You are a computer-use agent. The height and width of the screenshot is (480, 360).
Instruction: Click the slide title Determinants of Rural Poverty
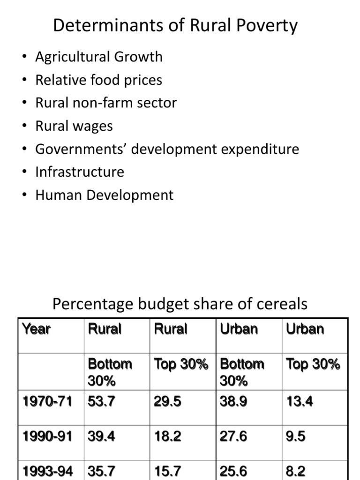click(175, 25)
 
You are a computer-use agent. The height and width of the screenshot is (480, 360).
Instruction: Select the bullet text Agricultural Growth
click(99, 57)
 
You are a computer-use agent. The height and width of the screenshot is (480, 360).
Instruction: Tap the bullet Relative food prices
click(98, 80)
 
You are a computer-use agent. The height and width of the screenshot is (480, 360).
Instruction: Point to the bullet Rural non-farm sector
click(106, 103)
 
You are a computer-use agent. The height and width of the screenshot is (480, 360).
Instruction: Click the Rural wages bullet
click(74, 126)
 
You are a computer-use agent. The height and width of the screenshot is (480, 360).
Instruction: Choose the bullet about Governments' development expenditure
click(167, 149)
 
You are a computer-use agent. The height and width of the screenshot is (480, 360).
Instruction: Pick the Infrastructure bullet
click(80, 172)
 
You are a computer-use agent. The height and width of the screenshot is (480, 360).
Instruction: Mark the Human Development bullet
click(104, 195)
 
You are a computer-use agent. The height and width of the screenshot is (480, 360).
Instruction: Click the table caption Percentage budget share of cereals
click(180, 304)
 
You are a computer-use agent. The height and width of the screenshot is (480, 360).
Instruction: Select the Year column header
click(36, 329)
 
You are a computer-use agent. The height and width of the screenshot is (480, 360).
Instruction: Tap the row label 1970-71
click(47, 401)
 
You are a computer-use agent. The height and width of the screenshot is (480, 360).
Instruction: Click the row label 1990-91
click(47, 436)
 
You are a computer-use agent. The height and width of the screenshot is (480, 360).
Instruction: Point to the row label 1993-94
click(47, 471)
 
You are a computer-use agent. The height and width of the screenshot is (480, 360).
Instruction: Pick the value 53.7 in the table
click(101, 401)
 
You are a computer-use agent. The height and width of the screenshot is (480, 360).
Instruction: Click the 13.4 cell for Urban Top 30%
click(300, 401)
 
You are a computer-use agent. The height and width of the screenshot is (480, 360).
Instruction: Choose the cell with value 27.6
click(233, 436)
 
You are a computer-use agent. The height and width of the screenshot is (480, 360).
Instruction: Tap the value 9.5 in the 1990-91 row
click(296, 436)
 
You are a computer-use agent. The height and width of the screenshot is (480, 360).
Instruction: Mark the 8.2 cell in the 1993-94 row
click(296, 471)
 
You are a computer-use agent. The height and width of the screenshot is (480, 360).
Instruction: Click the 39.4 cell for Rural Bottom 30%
click(101, 436)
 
